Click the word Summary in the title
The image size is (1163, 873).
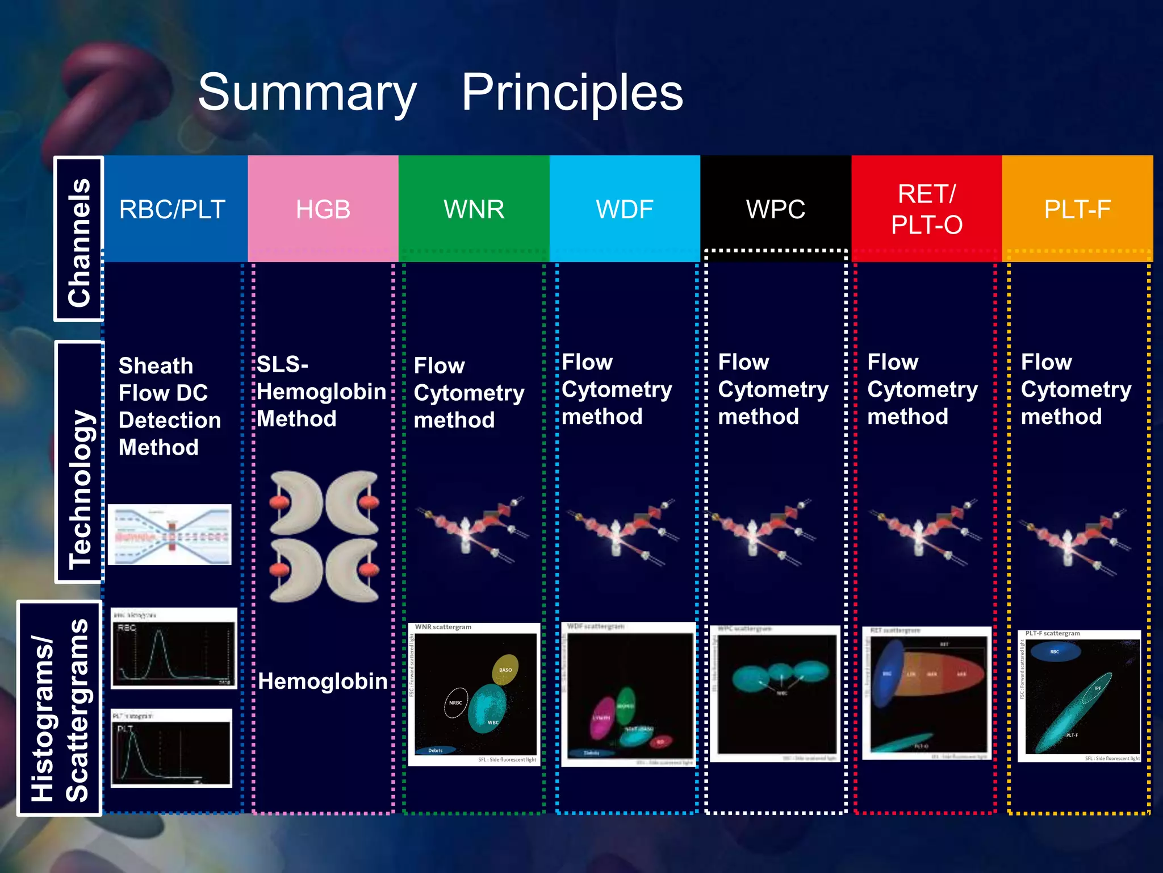(x=307, y=93)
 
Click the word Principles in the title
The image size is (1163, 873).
(x=572, y=93)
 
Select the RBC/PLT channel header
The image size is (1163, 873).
(x=173, y=209)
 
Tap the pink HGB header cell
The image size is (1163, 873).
(x=323, y=209)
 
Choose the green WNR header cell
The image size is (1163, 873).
(x=474, y=209)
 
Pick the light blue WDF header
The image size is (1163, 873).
(x=625, y=209)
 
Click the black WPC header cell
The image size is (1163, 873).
(x=776, y=209)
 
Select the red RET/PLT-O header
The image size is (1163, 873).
(x=927, y=209)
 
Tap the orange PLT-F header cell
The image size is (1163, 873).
(x=1077, y=209)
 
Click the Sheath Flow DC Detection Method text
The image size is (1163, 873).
(x=169, y=406)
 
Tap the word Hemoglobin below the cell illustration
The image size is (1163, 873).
(x=323, y=681)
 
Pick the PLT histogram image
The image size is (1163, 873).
(x=171, y=748)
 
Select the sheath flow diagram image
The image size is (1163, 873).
(x=170, y=534)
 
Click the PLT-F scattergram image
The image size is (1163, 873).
(x=1079, y=696)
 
